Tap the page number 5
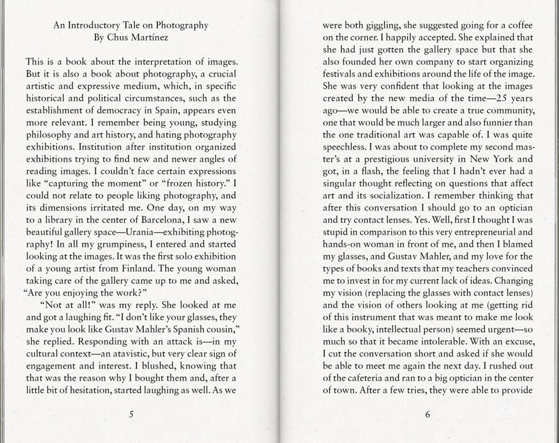pos(131,414)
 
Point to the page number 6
pos(428,414)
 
